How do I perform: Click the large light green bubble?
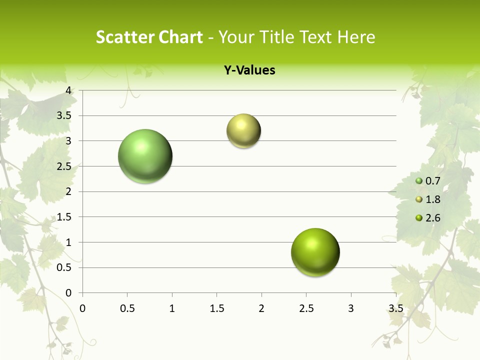point(145,156)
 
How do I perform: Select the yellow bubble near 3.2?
point(243,131)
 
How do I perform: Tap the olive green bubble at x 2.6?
point(315,252)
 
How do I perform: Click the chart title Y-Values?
point(249,70)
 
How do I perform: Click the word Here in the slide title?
point(356,37)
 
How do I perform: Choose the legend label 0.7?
point(432,181)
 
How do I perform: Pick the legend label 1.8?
point(432,199)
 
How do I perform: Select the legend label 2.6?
point(432,217)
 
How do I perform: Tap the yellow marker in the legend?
point(419,199)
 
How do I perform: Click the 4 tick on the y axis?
point(69,90)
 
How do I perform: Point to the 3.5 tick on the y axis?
point(65,115)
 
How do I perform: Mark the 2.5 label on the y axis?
point(65,166)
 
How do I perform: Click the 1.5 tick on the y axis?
point(65,217)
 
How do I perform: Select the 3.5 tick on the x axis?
point(395,308)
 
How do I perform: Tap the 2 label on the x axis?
point(261,308)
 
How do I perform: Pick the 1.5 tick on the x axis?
point(216,308)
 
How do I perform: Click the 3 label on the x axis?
point(350,308)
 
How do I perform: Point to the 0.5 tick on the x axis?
point(127,308)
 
